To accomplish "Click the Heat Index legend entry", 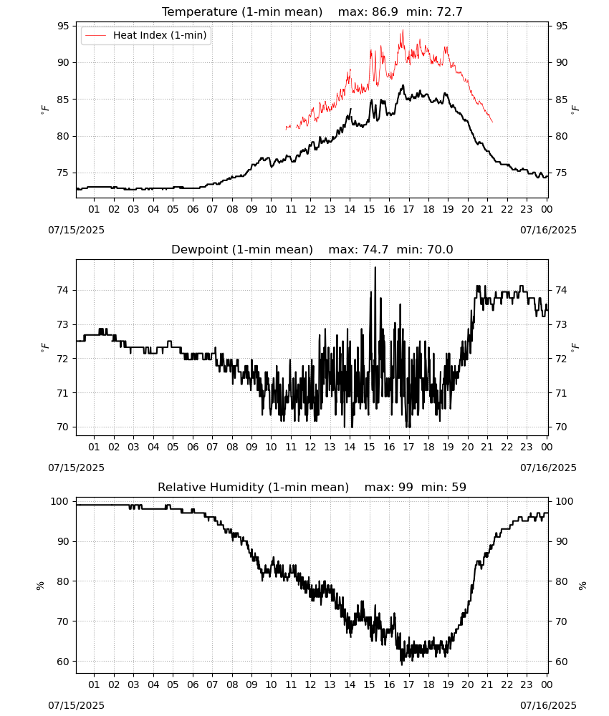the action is (145, 35).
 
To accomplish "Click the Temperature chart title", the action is (242, 12).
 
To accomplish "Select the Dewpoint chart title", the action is (242, 249).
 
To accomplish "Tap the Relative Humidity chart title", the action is (253, 487).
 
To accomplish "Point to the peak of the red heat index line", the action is (403, 30).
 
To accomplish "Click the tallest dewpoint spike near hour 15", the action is (375, 268).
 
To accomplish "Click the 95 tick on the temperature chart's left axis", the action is (64, 26).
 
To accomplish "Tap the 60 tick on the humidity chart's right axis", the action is (560, 662).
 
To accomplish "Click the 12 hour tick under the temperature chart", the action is (310, 209).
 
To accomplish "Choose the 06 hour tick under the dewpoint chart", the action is (193, 447).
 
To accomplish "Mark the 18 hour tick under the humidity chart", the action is (428, 684).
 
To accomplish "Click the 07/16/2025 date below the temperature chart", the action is (548, 230).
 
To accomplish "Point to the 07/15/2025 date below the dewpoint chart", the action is (76, 468).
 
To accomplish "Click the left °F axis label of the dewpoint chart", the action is (44, 347).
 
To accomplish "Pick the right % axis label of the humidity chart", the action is (582, 586).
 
